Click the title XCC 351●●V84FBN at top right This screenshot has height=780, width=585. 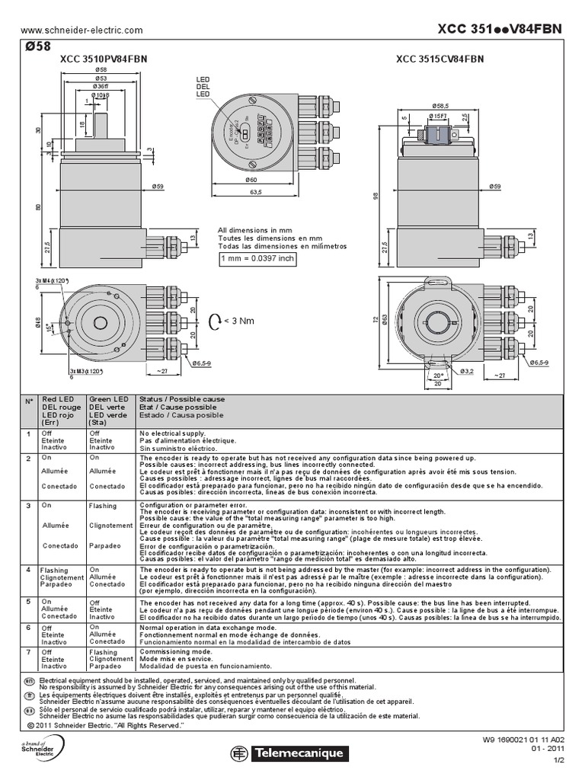coord(500,28)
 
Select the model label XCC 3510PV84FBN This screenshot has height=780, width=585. coord(104,59)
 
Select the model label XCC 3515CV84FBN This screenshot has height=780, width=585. coord(440,59)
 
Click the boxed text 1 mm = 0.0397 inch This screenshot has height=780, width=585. coord(257,259)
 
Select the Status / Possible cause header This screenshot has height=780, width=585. coord(181,399)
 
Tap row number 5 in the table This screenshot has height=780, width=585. coord(28,602)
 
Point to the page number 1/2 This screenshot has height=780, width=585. coord(558,759)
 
